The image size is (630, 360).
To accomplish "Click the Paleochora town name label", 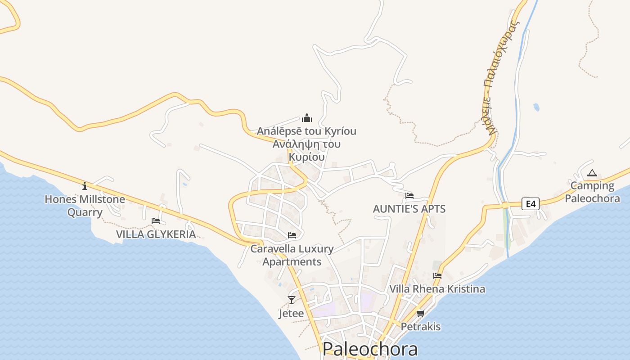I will (370, 349).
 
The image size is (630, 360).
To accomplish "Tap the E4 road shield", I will (531, 204).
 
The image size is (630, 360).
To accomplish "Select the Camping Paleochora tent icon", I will (592, 173).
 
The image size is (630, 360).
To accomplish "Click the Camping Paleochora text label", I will (592, 192).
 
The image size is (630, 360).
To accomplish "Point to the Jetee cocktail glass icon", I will (292, 300).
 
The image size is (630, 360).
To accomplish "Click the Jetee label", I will (291, 313).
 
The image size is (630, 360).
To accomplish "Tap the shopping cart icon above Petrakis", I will (420, 313).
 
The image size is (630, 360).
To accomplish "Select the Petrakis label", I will (420, 327).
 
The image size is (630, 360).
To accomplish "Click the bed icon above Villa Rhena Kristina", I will (437, 275).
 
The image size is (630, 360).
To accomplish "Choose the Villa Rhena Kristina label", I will (437, 289).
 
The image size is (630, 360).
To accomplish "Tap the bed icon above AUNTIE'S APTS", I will (409, 195).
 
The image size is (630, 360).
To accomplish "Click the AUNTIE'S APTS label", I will (409, 209).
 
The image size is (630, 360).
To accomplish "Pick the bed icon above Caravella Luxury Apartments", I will (292, 235).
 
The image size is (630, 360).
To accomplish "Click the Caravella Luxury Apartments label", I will (292, 255).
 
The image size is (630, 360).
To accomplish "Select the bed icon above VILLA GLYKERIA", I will (156, 220).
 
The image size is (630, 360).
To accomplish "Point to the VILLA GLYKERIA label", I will (156, 234).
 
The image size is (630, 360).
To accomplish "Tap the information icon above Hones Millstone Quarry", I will (85, 185).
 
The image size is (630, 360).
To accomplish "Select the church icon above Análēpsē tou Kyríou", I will (307, 118).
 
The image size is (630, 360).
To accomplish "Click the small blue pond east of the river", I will (536, 107).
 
